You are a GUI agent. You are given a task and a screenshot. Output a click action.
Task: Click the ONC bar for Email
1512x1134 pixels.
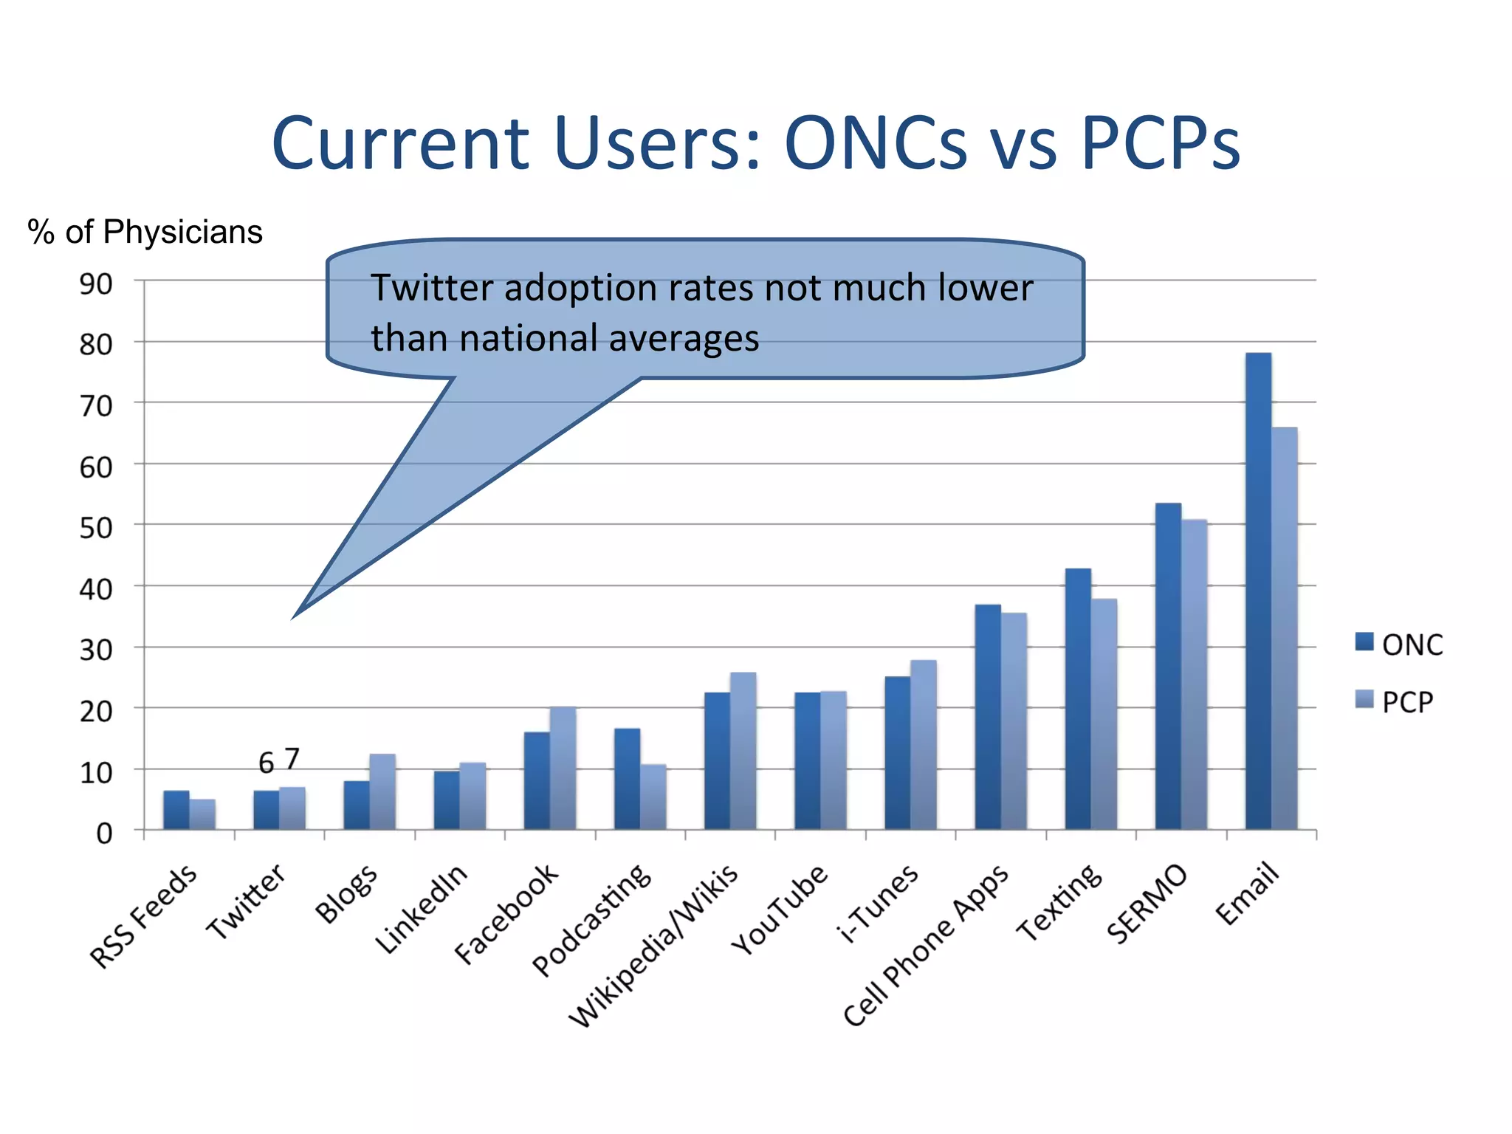coord(1258,591)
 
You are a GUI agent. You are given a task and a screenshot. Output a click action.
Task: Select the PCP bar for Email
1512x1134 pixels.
coord(1285,628)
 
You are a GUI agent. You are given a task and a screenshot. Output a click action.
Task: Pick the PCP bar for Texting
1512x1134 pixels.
coord(1104,713)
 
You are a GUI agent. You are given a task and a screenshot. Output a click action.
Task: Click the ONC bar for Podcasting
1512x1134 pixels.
coord(627,779)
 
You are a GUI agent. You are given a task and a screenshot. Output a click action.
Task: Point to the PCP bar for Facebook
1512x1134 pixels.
coord(563,768)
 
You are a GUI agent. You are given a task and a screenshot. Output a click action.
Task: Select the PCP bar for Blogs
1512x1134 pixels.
coord(382,791)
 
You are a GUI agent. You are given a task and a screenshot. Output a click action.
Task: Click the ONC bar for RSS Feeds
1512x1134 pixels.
coord(176,810)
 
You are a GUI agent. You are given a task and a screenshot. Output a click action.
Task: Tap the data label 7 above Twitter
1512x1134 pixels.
coord(292,758)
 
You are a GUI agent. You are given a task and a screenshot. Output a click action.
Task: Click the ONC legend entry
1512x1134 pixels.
coord(1398,645)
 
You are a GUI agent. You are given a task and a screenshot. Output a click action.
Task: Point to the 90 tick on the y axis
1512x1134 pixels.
coord(96,283)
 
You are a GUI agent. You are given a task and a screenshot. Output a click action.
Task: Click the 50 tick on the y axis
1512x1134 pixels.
coord(96,528)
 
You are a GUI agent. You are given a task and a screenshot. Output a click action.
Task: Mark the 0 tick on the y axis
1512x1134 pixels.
coord(104,834)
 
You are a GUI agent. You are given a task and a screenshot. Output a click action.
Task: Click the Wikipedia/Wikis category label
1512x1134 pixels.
coord(654,945)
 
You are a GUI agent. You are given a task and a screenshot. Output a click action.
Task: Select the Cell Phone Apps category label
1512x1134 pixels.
coord(926,945)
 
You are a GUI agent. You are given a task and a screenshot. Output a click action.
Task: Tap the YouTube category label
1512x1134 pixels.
coord(780,910)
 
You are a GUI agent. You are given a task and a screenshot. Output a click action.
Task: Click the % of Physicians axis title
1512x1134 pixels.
coord(145,232)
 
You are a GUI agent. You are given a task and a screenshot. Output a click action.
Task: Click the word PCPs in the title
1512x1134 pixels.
coord(1160,143)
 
